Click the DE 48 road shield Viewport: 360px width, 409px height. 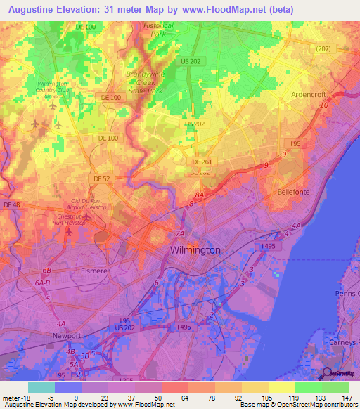[x=12, y=204]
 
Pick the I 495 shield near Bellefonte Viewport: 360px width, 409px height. [x=268, y=246]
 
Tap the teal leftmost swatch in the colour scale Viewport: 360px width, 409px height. [x=41, y=387]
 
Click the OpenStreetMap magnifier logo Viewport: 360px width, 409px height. [x=326, y=375]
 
